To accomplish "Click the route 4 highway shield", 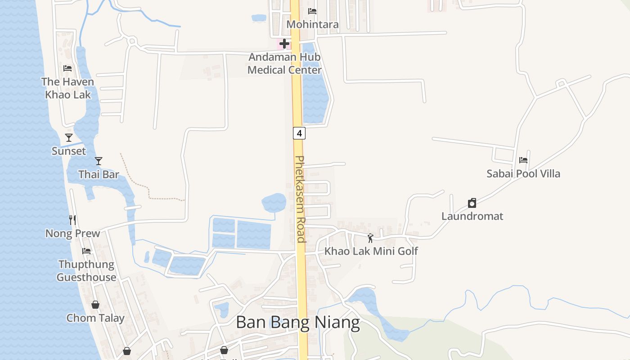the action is tap(299, 133).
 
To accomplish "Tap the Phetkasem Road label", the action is tap(300, 199).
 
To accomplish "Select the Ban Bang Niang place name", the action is tap(297, 323).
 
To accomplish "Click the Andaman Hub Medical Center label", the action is tap(284, 63).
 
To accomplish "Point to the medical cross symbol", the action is tap(284, 44).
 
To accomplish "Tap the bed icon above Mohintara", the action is tap(312, 11).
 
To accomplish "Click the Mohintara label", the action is tap(312, 24).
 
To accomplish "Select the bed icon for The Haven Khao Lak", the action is tap(67, 68).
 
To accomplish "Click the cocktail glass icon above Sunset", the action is tap(68, 138).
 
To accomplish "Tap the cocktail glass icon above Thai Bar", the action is tap(99, 161).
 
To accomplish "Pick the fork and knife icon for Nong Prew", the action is tap(72, 220).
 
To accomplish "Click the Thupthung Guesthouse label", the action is tap(86, 270).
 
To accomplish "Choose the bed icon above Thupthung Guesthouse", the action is tap(86, 251).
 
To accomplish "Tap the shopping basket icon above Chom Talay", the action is tap(95, 305).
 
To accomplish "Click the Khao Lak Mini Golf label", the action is tap(371, 251).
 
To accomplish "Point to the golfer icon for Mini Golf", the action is tap(370, 238).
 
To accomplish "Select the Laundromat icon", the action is tap(472, 203).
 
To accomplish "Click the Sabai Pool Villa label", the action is tap(523, 174).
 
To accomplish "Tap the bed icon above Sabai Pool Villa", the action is tap(523, 160).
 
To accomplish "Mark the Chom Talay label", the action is tap(95, 318).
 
